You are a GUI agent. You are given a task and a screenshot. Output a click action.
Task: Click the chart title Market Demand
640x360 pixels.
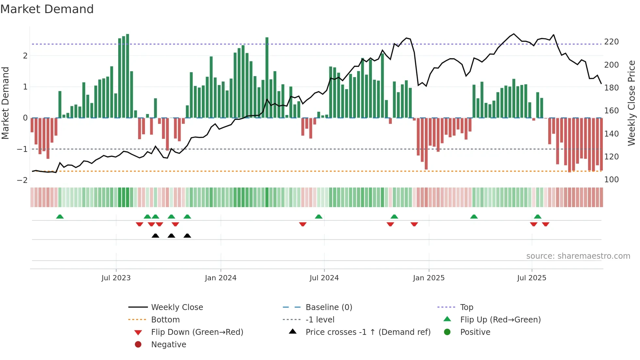click(x=47, y=9)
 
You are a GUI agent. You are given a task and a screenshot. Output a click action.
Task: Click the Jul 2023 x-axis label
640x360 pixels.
click(x=116, y=278)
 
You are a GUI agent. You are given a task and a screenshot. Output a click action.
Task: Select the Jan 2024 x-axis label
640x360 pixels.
click(x=220, y=278)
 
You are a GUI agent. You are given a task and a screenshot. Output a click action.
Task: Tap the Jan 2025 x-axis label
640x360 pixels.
click(x=428, y=278)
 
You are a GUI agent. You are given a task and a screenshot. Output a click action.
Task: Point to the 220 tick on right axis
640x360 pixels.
click(x=611, y=42)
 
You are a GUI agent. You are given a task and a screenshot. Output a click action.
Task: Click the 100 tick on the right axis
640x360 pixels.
click(x=611, y=180)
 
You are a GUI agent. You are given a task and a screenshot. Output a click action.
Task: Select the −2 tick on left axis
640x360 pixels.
click(x=22, y=180)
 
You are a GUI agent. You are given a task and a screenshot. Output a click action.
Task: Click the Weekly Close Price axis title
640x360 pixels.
click(x=632, y=103)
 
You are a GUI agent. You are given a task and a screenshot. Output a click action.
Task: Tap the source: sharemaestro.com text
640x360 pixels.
click(x=578, y=256)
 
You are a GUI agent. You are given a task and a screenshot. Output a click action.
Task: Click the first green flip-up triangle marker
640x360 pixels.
click(x=60, y=217)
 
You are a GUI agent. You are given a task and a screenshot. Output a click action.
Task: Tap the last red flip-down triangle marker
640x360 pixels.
click(x=546, y=224)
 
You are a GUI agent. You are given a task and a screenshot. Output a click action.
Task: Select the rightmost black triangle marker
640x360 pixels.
click(x=187, y=236)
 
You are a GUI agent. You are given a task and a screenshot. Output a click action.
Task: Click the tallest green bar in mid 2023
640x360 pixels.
click(x=127, y=76)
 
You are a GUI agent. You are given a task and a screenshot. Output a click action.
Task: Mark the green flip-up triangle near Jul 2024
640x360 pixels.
click(x=319, y=217)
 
